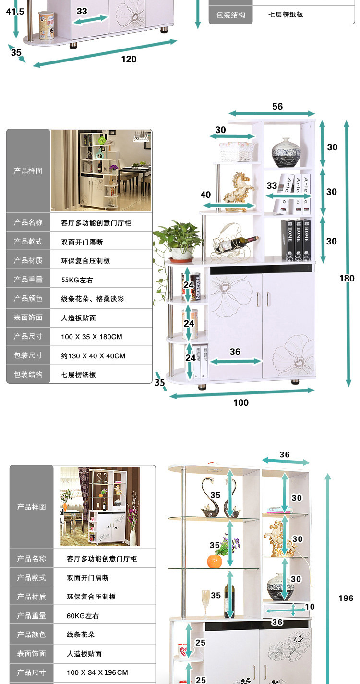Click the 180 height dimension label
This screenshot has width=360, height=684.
tap(347, 278)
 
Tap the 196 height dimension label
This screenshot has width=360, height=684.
tap(346, 598)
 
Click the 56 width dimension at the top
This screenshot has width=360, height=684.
tap(277, 107)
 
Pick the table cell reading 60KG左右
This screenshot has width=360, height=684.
tap(83, 616)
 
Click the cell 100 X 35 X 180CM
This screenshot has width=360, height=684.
tap(91, 337)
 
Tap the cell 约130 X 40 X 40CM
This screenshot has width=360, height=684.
tap(93, 356)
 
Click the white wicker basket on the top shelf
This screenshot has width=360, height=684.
tap(236, 151)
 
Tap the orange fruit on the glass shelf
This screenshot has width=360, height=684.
tap(215, 561)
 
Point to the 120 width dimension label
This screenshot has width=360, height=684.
tap(129, 60)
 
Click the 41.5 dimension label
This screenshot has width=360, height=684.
tap(14, 12)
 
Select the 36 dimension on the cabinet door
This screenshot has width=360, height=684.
tap(235, 352)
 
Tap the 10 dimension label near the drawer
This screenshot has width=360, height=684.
tap(310, 607)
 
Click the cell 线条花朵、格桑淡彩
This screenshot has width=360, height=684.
tap(92, 299)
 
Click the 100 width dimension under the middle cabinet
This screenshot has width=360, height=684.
tap(241, 403)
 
